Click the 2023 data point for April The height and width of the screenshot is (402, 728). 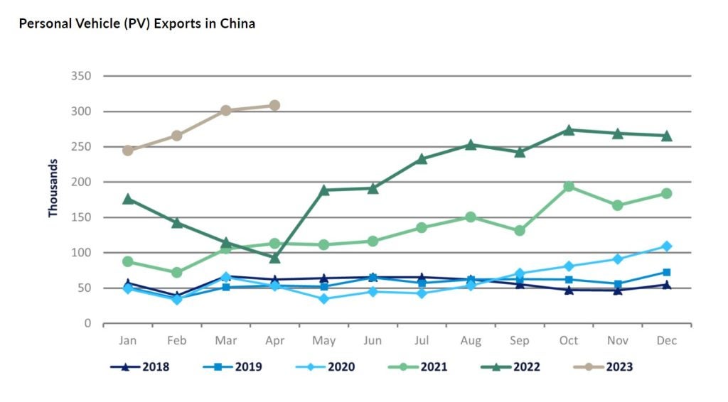pyautogui.click(x=274, y=106)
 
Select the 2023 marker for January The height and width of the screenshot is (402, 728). pyautogui.click(x=128, y=151)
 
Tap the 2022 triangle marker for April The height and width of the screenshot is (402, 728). pyautogui.click(x=274, y=258)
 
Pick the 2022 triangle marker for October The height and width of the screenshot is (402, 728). pyautogui.click(x=569, y=130)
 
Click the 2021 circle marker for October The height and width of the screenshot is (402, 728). pyautogui.click(x=569, y=186)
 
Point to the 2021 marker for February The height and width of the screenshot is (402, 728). pyautogui.click(x=177, y=272)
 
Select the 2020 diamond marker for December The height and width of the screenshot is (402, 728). pyautogui.click(x=667, y=246)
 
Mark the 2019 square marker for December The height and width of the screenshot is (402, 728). pyautogui.click(x=667, y=272)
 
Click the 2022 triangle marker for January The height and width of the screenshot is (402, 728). pyautogui.click(x=128, y=199)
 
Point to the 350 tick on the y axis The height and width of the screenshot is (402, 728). pyautogui.click(x=81, y=76)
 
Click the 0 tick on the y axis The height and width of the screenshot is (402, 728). pyautogui.click(x=87, y=324)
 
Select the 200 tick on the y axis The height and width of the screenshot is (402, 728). pyautogui.click(x=81, y=182)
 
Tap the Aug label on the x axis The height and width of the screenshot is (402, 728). pyautogui.click(x=471, y=341)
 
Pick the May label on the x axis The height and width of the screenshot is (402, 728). pyautogui.click(x=323, y=341)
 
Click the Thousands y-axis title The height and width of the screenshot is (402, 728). pyautogui.click(x=53, y=188)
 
